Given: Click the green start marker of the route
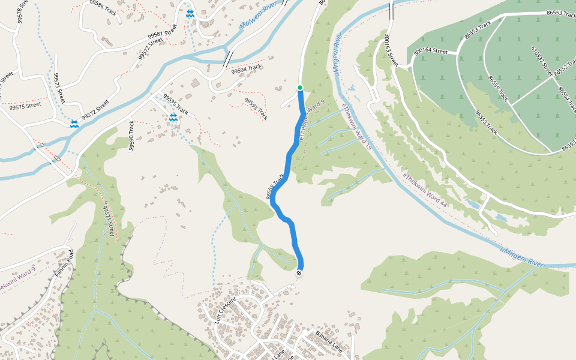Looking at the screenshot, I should [x=300, y=88].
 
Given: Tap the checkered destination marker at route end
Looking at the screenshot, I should [x=299, y=274].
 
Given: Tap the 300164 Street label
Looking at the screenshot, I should [x=431, y=52].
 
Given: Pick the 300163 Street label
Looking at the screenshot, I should [x=391, y=49].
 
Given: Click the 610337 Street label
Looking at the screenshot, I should [x=541, y=60].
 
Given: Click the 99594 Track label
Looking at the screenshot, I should [x=247, y=70].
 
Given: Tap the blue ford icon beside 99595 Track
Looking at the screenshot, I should [x=173, y=118].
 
